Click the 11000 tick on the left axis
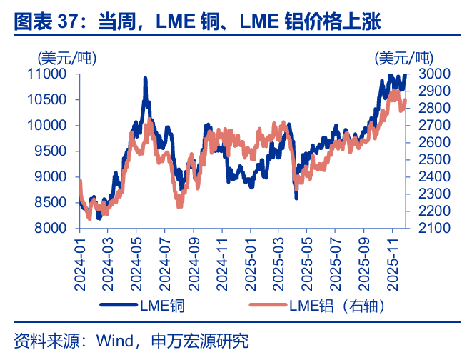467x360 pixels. [x=47, y=74]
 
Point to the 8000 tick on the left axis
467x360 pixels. [x=51, y=228]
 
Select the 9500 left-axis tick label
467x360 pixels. [x=51, y=151]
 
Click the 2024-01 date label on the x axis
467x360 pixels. [x=80, y=264]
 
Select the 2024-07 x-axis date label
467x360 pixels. [x=164, y=264]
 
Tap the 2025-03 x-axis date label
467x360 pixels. [x=277, y=264]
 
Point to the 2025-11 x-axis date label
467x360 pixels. [x=392, y=264]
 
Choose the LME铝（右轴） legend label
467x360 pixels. [x=337, y=307]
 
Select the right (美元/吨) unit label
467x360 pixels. [x=404, y=57]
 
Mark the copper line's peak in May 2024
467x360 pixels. [x=146, y=79]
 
